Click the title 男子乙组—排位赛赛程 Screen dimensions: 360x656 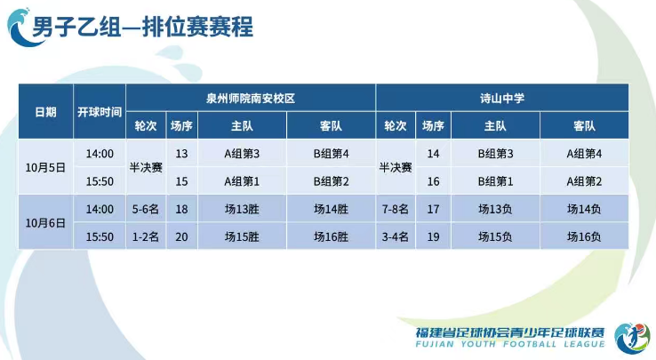point(142,27)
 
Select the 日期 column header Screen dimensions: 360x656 point(45,112)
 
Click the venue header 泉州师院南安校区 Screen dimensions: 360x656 point(250,97)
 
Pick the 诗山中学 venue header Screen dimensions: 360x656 point(501,97)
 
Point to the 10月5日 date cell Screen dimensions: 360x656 point(45,166)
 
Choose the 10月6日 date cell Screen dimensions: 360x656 point(45,222)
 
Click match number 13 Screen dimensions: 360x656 point(181,154)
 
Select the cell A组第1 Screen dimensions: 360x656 point(242,181)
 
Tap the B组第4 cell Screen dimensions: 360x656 point(331,154)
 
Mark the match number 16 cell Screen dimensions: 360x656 point(433,181)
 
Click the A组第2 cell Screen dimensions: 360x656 point(584,181)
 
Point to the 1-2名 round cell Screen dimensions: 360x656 point(145,237)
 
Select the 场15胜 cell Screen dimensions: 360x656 point(242,237)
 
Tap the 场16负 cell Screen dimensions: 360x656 point(584,237)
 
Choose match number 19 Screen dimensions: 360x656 point(433,237)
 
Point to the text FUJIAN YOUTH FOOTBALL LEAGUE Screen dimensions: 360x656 point(509,344)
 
